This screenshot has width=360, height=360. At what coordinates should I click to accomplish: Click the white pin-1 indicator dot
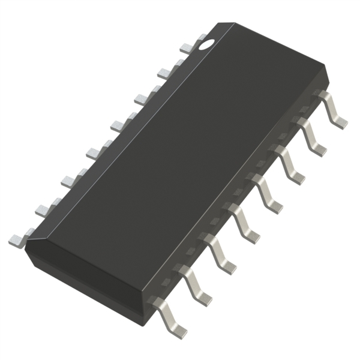coord(206,43)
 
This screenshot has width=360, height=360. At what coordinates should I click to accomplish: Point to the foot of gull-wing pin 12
coord(251,237)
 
